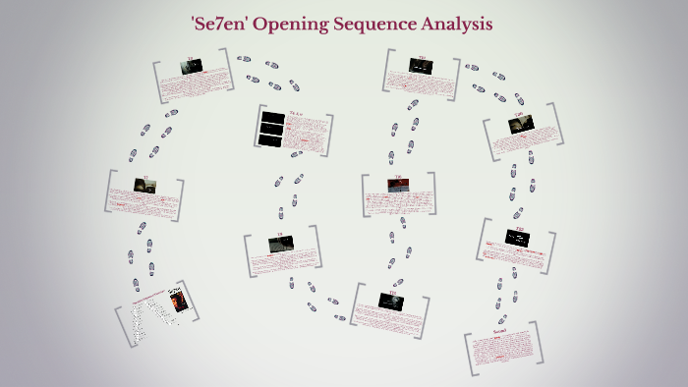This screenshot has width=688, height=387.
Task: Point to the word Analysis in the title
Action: coord(458,22)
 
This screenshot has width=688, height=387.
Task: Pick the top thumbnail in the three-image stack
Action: coord(272,119)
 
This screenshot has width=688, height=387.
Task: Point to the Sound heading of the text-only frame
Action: coord(499,333)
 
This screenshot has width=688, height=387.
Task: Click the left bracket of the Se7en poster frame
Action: coord(120,324)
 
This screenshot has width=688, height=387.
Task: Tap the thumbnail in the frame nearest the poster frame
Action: coord(144,185)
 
